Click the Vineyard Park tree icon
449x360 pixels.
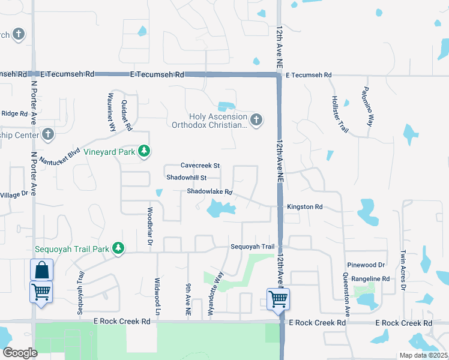[x=143, y=151]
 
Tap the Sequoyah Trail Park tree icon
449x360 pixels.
[x=118, y=248]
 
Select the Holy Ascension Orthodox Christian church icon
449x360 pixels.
[x=256, y=120]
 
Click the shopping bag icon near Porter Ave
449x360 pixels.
[x=41, y=270]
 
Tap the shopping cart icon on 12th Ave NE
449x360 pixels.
[x=279, y=298]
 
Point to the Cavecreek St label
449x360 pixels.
[x=200, y=166]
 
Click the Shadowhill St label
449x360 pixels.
[x=186, y=178]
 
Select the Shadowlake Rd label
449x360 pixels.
[x=209, y=192]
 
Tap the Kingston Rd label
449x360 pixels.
[x=305, y=207]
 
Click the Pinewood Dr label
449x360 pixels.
[x=366, y=265]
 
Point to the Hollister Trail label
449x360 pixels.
[x=339, y=113]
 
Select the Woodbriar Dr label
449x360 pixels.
[x=149, y=228]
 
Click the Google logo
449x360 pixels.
[x=20, y=353]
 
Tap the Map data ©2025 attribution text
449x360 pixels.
[x=423, y=355]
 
